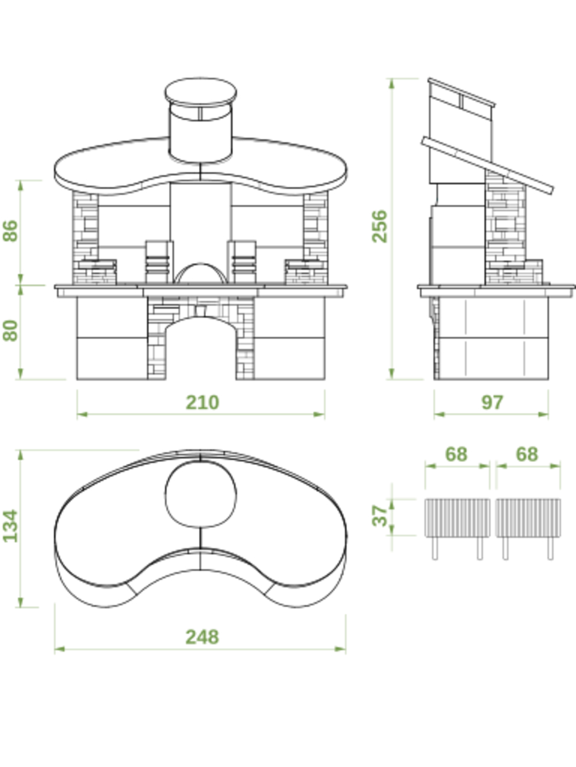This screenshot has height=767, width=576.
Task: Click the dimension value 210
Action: tap(202, 402)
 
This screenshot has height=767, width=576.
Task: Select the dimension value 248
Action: tap(202, 637)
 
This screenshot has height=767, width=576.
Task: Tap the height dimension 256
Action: tap(379, 227)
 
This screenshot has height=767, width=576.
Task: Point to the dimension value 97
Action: tap(492, 402)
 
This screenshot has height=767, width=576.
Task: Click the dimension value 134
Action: tap(11, 526)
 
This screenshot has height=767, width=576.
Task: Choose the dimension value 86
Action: tap(11, 231)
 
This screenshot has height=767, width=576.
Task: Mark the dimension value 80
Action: tap(11, 330)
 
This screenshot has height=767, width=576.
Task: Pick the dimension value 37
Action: tap(379, 516)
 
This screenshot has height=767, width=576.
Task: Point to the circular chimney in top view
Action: tap(200, 494)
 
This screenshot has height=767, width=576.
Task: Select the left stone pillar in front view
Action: tap(86, 238)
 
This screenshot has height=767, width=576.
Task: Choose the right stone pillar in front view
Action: tap(316, 238)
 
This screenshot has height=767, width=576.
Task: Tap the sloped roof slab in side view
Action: tap(487, 165)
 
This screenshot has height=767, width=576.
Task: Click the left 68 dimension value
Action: tap(456, 454)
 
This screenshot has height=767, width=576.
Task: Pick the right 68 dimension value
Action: tap(526, 454)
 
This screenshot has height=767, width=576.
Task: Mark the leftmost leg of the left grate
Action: tap(435, 548)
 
